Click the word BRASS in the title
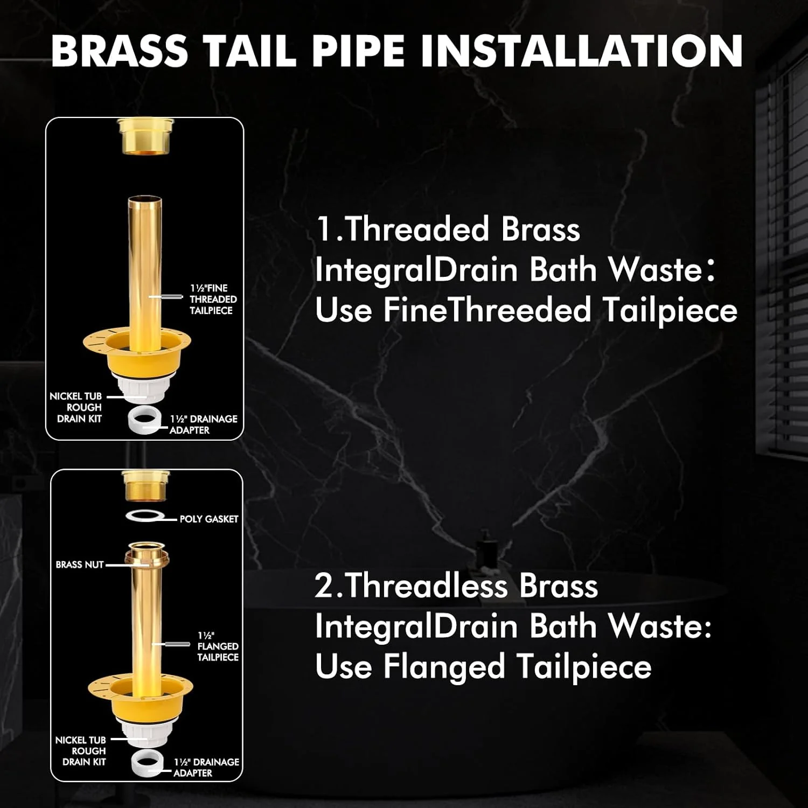point(120,51)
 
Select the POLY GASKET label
point(209,519)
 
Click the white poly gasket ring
point(144,517)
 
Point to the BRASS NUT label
point(80,565)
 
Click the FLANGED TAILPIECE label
point(218,646)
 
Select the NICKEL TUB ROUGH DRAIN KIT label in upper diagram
point(76,407)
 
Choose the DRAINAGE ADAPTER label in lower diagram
point(206,767)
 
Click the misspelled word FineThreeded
point(487,310)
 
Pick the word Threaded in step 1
point(417,229)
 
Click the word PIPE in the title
point(359,51)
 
